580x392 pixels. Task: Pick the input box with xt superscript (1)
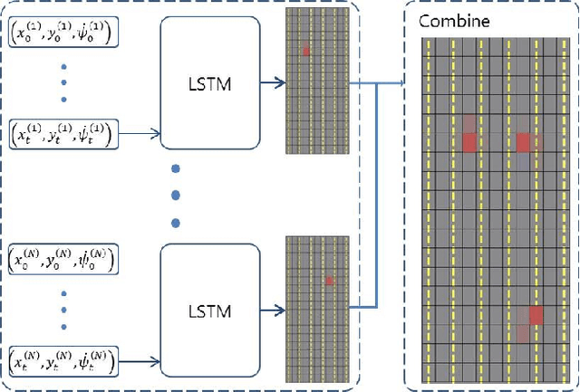[x=62, y=135]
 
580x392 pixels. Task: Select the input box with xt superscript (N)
[x=62, y=363]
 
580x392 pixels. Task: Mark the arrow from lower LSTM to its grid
[x=271, y=311]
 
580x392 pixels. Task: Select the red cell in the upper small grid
[x=306, y=51]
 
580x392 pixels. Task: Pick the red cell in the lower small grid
[x=330, y=282]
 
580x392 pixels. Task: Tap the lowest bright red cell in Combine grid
[x=536, y=315]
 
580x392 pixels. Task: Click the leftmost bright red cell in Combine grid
[x=469, y=142]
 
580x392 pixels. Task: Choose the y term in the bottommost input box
[x=61, y=363]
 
